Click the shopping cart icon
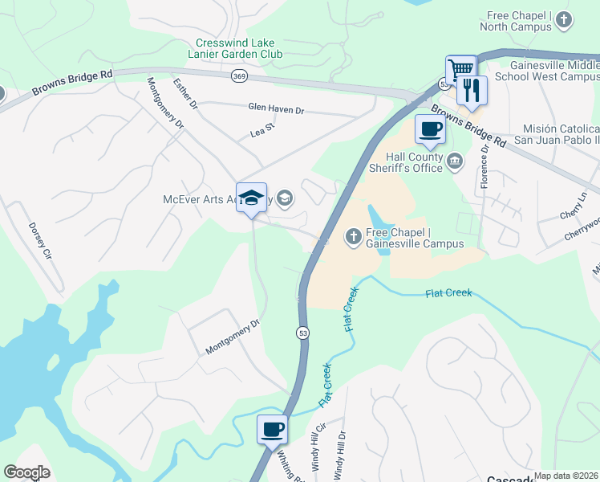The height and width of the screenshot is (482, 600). tap(461, 70)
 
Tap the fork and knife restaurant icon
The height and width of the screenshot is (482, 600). tap(472, 90)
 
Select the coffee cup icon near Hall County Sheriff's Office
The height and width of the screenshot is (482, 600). tap(430, 129)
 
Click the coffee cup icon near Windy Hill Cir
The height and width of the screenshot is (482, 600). tap(272, 428)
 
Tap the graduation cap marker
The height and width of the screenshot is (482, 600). tap(251, 198)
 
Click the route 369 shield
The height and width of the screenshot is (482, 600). tap(238, 76)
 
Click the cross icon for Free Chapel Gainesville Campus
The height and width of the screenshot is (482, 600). tap(352, 236)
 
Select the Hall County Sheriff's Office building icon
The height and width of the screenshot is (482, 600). tap(454, 161)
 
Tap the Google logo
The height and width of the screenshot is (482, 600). tap(26, 472)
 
